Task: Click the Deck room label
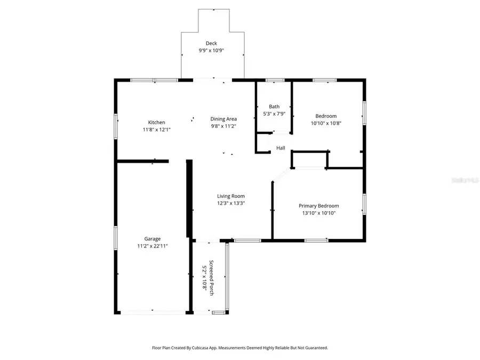pyautogui.click(x=212, y=43)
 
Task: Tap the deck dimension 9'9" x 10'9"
pyautogui.click(x=212, y=50)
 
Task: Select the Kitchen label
pyautogui.click(x=156, y=122)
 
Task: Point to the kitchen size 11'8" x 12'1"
pyautogui.click(x=156, y=129)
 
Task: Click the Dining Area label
pyautogui.click(x=223, y=119)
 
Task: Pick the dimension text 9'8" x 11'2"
pyautogui.click(x=223, y=126)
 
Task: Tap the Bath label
pyautogui.click(x=274, y=107)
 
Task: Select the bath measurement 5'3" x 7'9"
pyautogui.click(x=274, y=114)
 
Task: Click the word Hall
pyautogui.click(x=281, y=148)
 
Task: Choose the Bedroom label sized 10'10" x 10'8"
pyautogui.click(x=326, y=116)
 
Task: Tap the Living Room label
pyautogui.click(x=231, y=196)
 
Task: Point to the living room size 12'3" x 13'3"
pyautogui.click(x=231, y=203)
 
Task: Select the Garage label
pyautogui.click(x=152, y=239)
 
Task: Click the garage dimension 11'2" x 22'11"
pyautogui.click(x=152, y=246)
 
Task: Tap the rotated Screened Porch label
pyautogui.click(x=211, y=275)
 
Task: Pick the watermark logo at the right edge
pyautogui.click(x=465, y=180)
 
